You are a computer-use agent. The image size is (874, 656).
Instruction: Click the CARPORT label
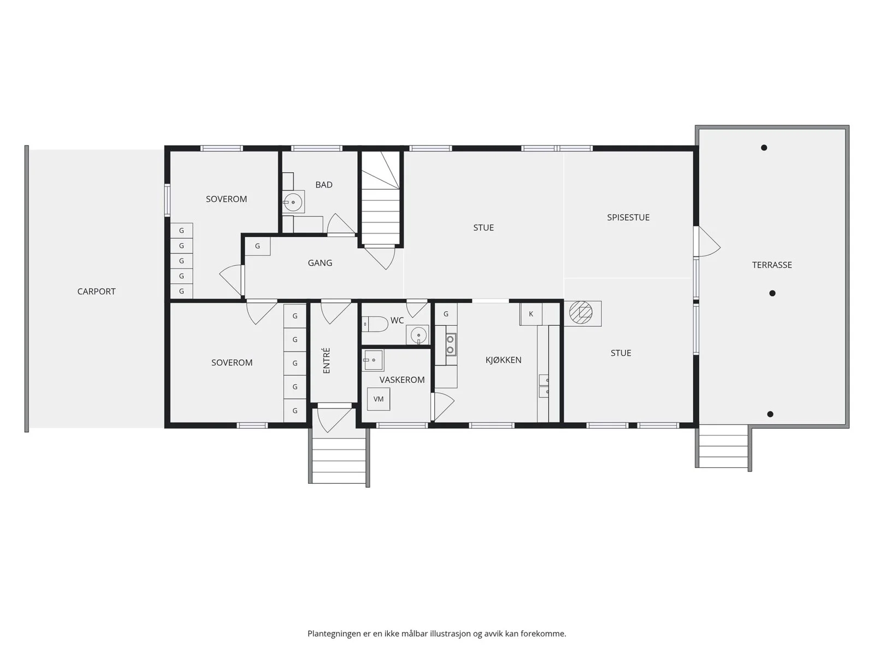[x=96, y=291]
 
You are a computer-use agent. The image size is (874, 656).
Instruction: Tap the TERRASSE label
[x=772, y=265]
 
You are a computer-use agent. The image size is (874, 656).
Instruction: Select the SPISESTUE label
[x=628, y=218]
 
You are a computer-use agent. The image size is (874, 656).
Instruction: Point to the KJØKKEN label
[x=503, y=360]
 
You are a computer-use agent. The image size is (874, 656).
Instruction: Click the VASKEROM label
[x=401, y=380]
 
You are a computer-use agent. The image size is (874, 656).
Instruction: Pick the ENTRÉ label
[x=327, y=361]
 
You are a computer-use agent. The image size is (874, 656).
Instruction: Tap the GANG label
[x=320, y=263]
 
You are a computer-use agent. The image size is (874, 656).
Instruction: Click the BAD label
[x=324, y=185]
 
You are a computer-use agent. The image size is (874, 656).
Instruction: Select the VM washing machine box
[x=378, y=399]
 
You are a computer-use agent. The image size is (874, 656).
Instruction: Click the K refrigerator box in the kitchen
[x=530, y=314]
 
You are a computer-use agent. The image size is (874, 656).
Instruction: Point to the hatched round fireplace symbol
[x=581, y=312]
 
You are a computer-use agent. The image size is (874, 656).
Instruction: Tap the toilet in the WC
[x=375, y=324]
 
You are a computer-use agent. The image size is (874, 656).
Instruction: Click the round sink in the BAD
[x=293, y=202]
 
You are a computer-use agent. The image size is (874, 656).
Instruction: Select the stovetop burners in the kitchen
[x=450, y=344]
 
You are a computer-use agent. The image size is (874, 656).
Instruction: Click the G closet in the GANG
[x=257, y=246]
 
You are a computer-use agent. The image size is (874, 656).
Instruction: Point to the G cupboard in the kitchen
[x=446, y=314]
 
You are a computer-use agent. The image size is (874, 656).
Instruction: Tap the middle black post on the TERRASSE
[x=772, y=294]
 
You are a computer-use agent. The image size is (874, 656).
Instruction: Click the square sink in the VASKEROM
[x=373, y=360]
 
